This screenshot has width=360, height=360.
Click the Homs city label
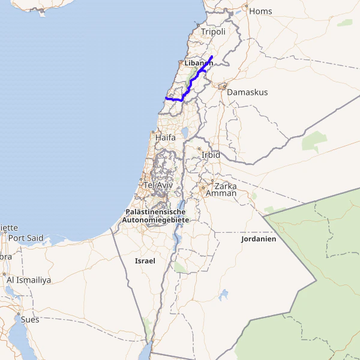pyautogui.click(x=260, y=11)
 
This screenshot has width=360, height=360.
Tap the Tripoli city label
pyautogui.click(x=213, y=32)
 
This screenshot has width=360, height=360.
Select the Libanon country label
pyautogui.click(x=199, y=63)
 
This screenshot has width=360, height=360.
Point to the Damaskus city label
pyautogui.click(x=247, y=92)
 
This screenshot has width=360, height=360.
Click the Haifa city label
pyautogui.click(x=166, y=137)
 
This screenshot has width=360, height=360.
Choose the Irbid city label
pyautogui.click(x=211, y=155)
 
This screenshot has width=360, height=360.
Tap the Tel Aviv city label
pyautogui.click(x=154, y=185)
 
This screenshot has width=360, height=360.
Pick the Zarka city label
pyautogui.click(x=225, y=186)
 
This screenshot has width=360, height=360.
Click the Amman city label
pyautogui.click(x=221, y=193)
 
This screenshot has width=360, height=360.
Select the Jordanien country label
pyautogui.click(x=258, y=239)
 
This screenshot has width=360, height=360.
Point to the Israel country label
pyautogui.click(x=145, y=261)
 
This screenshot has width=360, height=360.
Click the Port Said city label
pyautogui.click(x=26, y=238)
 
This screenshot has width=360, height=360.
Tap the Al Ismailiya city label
pyautogui.click(x=29, y=280)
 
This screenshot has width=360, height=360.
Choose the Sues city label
pyautogui.click(x=30, y=320)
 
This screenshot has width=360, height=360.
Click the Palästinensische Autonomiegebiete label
pyautogui.click(x=155, y=216)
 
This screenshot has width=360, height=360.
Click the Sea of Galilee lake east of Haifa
pyautogui.click(x=185, y=131)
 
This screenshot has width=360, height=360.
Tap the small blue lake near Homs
pyautogui.click(x=238, y=11)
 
